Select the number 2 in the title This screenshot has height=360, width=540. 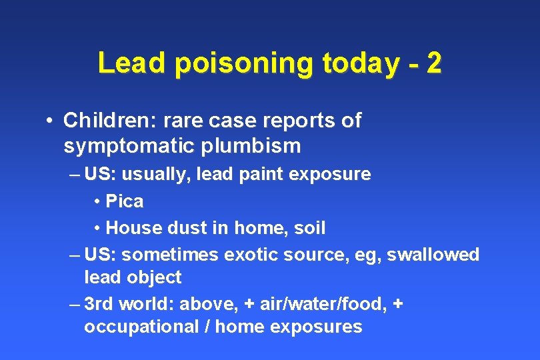433,64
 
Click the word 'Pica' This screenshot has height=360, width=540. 125,201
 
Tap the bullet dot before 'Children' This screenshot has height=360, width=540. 49,121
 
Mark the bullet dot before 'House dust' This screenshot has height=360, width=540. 97,228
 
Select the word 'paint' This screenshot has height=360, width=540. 262,175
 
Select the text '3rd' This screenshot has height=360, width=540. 99,305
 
